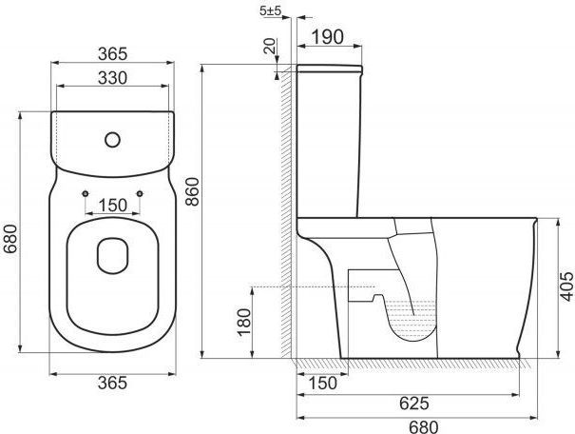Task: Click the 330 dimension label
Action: click(x=112, y=78)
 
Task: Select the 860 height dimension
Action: click(x=192, y=191)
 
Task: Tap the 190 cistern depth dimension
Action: click(x=328, y=37)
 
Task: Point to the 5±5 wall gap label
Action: click(x=270, y=10)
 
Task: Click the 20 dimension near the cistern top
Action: click(x=270, y=46)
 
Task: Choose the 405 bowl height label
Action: click(x=567, y=286)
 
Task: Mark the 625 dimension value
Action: click(x=414, y=404)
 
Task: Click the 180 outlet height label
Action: click(x=244, y=322)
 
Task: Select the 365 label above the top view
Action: click(x=112, y=54)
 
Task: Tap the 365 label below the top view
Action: click(x=112, y=383)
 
